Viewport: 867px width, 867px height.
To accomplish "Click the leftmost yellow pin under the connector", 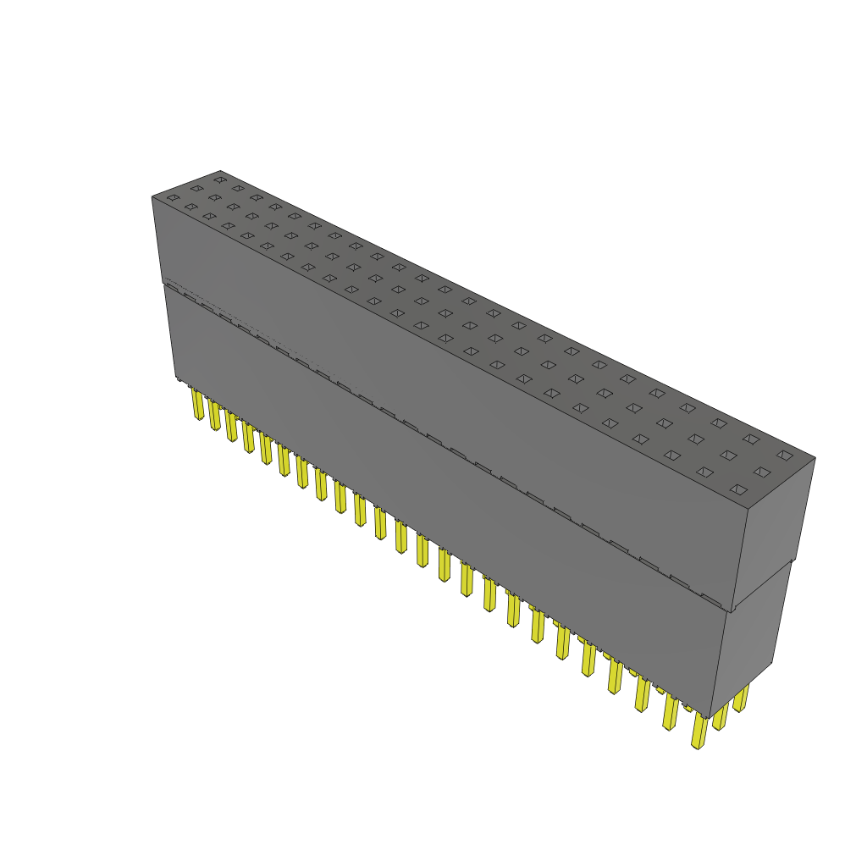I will [x=197, y=405].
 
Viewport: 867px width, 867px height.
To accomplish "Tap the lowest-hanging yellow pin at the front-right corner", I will [x=699, y=732].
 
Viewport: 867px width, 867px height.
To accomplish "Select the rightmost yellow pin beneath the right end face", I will [x=741, y=699].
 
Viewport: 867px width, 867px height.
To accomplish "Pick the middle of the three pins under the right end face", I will [x=721, y=715].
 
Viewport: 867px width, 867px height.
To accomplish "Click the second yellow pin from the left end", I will [x=214, y=415].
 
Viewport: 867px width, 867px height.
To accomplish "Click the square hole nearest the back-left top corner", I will [x=220, y=179].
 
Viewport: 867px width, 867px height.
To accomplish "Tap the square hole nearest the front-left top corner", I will [x=173, y=198].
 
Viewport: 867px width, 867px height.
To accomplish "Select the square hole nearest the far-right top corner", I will [x=785, y=455].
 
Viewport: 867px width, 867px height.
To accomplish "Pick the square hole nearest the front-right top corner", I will [x=738, y=489].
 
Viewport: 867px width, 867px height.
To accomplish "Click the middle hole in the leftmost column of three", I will [x=196, y=188].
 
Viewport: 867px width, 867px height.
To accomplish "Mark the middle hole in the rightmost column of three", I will [x=762, y=472].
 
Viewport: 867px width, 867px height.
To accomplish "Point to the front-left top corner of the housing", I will [x=152, y=196].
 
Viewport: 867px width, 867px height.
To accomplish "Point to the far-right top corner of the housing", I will [x=815, y=458].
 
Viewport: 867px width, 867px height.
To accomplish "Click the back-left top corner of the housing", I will [x=220, y=170].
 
